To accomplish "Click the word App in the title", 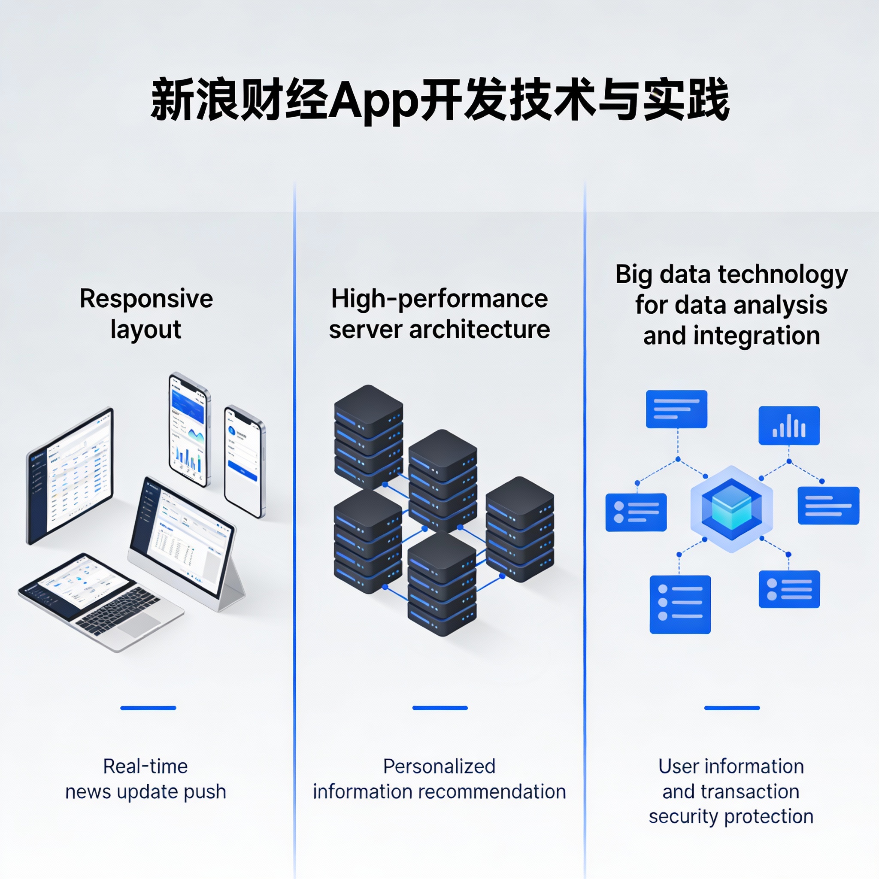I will pyautogui.click(x=373, y=101).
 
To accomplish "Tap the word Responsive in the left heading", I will pyautogui.click(x=146, y=299).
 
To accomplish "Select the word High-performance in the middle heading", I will pyautogui.click(x=439, y=299).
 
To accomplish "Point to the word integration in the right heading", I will pyautogui.click(x=757, y=336).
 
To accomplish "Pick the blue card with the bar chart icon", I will pyautogui.click(x=789, y=425).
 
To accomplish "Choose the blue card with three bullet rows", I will pyautogui.click(x=680, y=604).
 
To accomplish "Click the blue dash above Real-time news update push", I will pyautogui.click(x=148, y=708).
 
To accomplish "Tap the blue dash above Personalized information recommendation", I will pyautogui.click(x=439, y=708).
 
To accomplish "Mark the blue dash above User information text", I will pyautogui.click(x=732, y=708).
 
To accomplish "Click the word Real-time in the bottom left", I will pyautogui.click(x=145, y=767).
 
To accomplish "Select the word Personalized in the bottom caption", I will pyautogui.click(x=439, y=767).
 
